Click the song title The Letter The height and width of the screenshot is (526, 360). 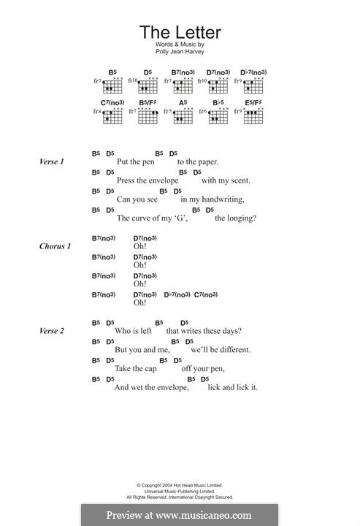click(180, 32)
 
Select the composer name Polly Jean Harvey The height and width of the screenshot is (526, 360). click(180, 53)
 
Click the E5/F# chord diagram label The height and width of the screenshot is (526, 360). click(253, 103)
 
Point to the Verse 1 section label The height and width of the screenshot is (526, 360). click(52, 161)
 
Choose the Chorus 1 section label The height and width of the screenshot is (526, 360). click(55, 246)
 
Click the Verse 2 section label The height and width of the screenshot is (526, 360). click(52, 331)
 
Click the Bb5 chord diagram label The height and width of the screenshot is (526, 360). click(218, 103)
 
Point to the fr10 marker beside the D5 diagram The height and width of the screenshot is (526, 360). click(133, 81)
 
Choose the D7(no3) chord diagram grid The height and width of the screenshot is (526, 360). click(218, 84)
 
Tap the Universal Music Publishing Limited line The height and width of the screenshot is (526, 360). click(180, 490)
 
